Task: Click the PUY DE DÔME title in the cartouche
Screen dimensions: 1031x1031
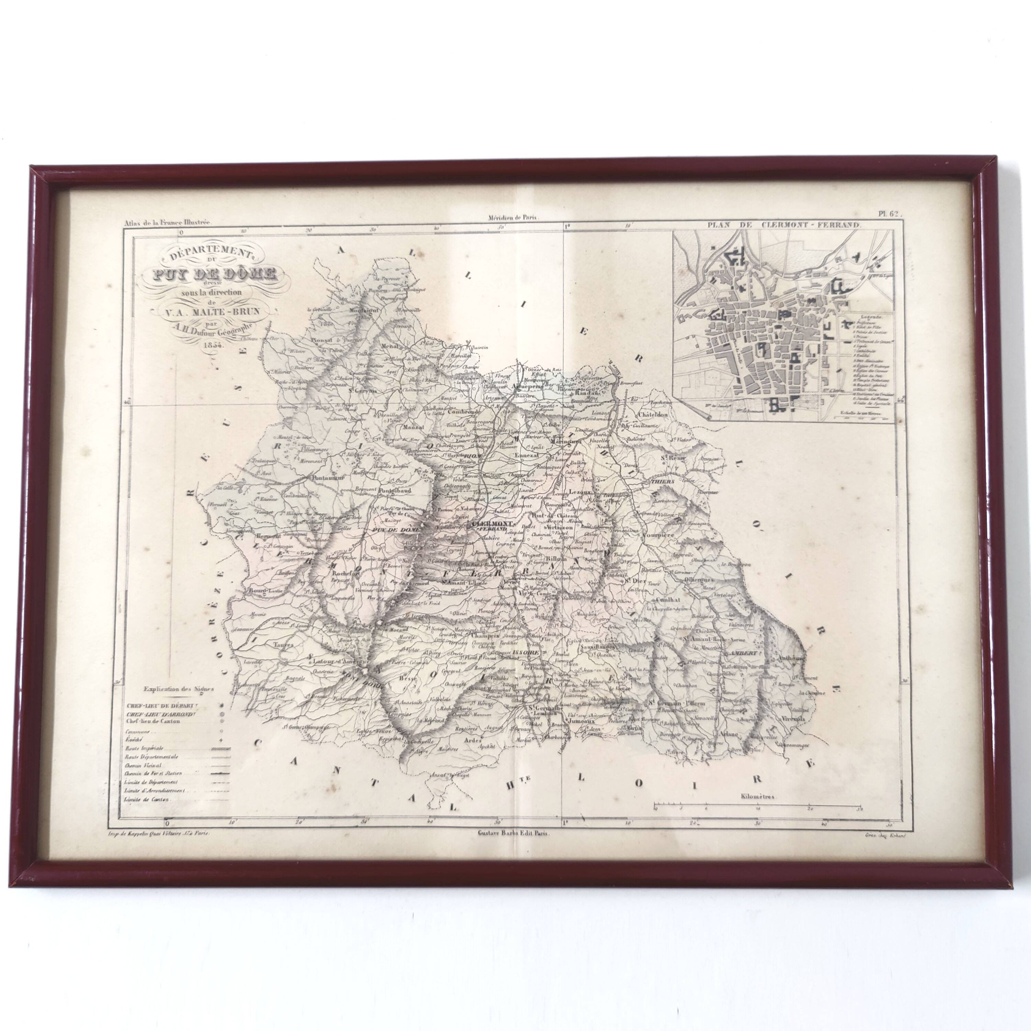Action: point(209,275)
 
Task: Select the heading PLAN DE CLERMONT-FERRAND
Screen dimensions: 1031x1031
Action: point(784,225)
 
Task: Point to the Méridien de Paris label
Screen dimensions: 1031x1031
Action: point(513,217)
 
